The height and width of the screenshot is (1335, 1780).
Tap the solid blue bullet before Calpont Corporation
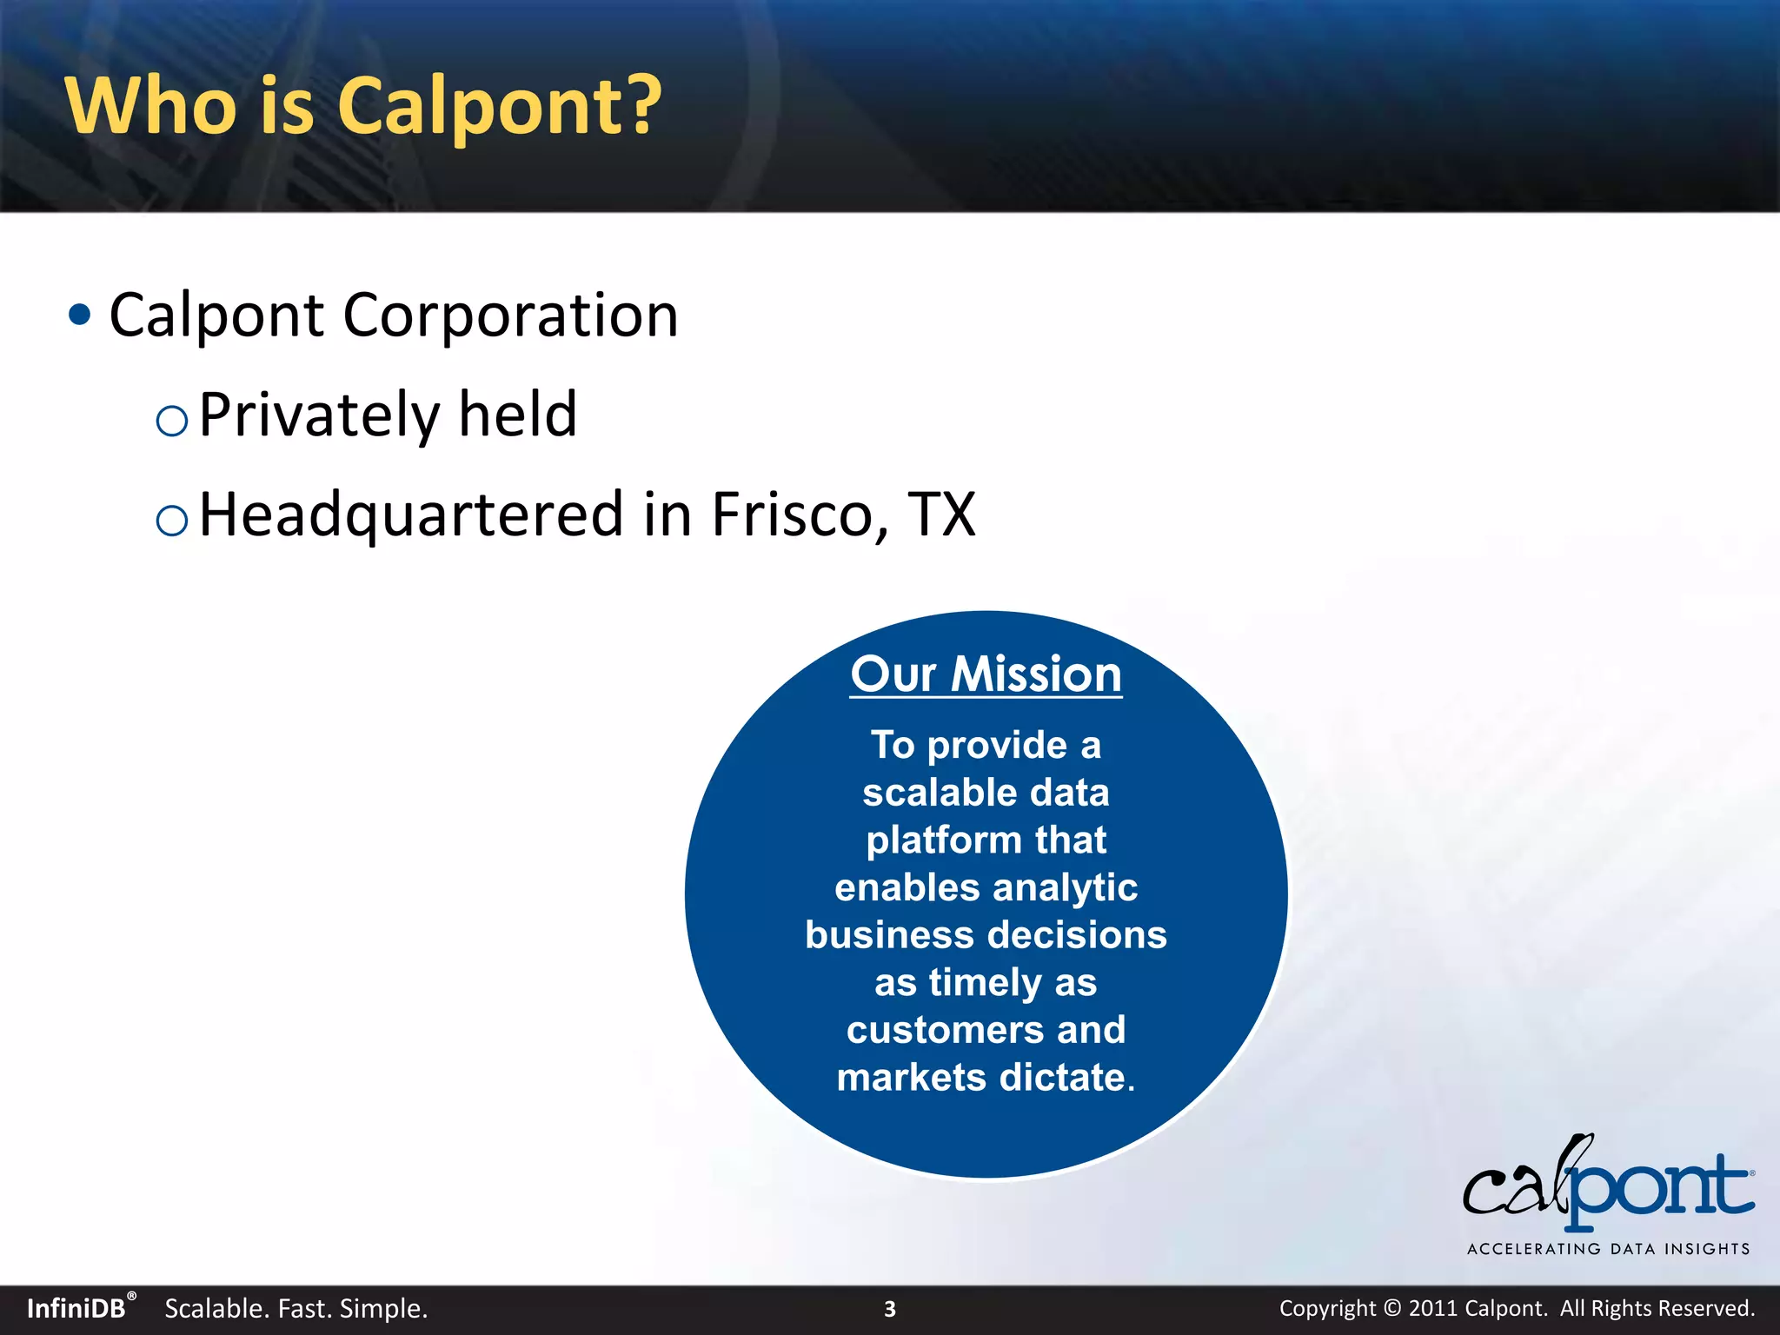pyautogui.click(x=79, y=315)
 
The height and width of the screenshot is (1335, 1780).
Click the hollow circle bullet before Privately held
pyautogui.click(x=171, y=422)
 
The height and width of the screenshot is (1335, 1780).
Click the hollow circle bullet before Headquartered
pyautogui.click(x=171, y=521)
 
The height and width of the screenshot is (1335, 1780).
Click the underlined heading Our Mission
pyautogui.click(x=986, y=674)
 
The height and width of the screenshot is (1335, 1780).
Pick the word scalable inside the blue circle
pyautogui.click(x=926, y=793)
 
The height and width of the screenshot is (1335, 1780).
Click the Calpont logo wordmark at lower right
pyautogui.click(x=1608, y=1185)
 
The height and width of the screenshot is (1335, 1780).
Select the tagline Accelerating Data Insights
pyautogui.click(x=1608, y=1249)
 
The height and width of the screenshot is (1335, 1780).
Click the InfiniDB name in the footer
pyautogui.click(x=76, y=1309)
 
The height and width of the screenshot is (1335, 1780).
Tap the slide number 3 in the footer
pyautogui.click(x=889, y=1309)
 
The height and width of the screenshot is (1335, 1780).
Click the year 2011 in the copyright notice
pyautogui.click(x=1431, y=1309)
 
